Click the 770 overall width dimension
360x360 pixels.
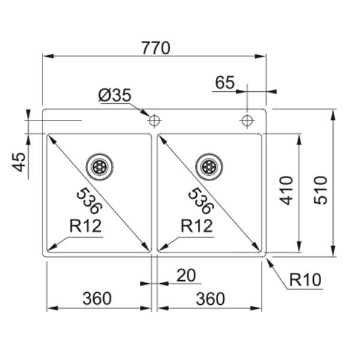pyautogui.click(x=154, y=47)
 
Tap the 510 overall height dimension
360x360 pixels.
pyautogui.click(x=320, y=190)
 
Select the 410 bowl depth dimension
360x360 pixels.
pyautogui.click(x=287, y=190)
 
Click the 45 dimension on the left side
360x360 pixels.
pyautogui.click(x=19, y=162)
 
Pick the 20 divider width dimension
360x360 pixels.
pyautogui.click(x=186, y=275)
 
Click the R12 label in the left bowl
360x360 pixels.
pyautogui.click(x=85, y=226)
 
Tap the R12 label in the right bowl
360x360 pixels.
pyautogui.click(x=196, y=226)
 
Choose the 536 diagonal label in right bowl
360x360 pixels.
pyautogui.click(x=200, y=201)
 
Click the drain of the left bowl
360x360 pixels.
pyautogui.click(x=99, y=166)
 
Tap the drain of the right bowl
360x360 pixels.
pyautogui.click(x=209, y=166)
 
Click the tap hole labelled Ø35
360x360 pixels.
pyautogui.click(x=154, y=120)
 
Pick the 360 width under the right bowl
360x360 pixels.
pyautogui.click(x=209, y=298)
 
